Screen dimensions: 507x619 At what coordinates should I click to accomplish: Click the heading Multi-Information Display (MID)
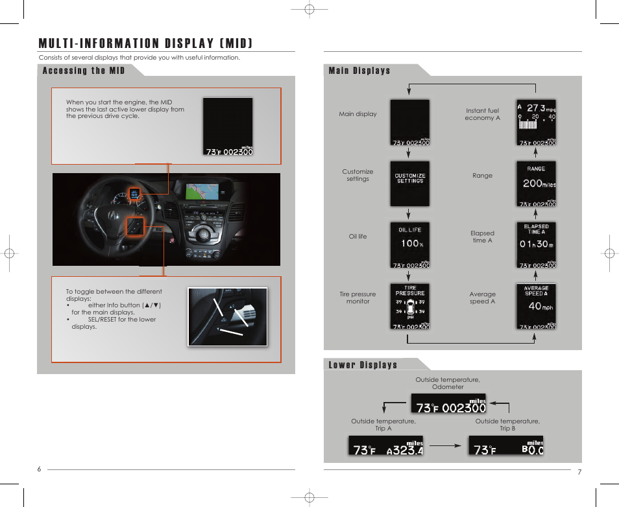tap(145, 43)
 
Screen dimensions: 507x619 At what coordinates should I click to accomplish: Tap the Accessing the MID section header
tap(84, 71)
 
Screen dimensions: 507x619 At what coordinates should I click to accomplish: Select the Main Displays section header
tap(359, 71)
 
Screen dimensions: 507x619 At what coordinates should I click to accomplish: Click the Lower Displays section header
tap(363, 365)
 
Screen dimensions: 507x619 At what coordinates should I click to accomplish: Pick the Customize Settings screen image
tap(410, 183)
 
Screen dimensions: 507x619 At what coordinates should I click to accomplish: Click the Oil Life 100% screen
tap(410, 244)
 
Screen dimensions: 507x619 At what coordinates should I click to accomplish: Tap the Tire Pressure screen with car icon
tap(410, 306)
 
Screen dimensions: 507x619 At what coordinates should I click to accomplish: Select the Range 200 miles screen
tap(536, 183)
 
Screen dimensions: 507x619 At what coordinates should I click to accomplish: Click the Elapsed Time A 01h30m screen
tap(536, 244)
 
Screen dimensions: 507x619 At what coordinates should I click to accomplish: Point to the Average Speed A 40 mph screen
tap(536, 306)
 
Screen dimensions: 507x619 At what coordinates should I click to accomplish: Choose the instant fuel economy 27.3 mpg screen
tap(536, 123)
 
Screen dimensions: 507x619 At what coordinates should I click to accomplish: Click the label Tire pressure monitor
tap(358, 298)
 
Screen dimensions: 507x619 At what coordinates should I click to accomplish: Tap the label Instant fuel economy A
tap(482, 114)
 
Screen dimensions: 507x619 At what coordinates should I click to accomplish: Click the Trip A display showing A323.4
tap(385, 445)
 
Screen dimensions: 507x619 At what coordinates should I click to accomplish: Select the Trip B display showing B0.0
tap(506, 445)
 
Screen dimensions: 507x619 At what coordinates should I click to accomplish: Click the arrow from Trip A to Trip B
tap(445, 446)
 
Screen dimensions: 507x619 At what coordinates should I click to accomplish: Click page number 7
tap(579, 472)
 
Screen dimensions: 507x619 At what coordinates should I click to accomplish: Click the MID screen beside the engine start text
tap(228, 126)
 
